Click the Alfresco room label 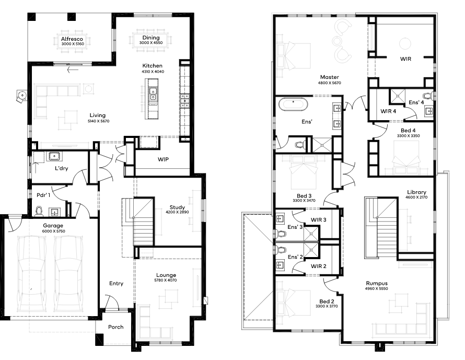click(72, 39)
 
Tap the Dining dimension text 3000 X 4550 click(151, 43)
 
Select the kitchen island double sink click(153, 94)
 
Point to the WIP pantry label click(163, 159)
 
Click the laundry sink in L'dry click(54, 156)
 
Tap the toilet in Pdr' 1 click(39, 211)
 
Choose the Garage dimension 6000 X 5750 click(53, 231)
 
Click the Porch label click(115, 327)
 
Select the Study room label click(177, 207)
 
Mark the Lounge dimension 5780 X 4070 click(166, 280)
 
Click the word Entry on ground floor click(116, 284)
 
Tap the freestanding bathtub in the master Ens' click(293, 104)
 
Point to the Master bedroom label click(330, 77)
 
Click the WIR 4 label click(388, 111)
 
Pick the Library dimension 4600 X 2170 click(416, 197)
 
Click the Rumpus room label click(377, 283)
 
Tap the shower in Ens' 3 click(311, 233)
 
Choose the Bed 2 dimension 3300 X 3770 click(327, 306)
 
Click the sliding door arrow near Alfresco click(73, 70)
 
